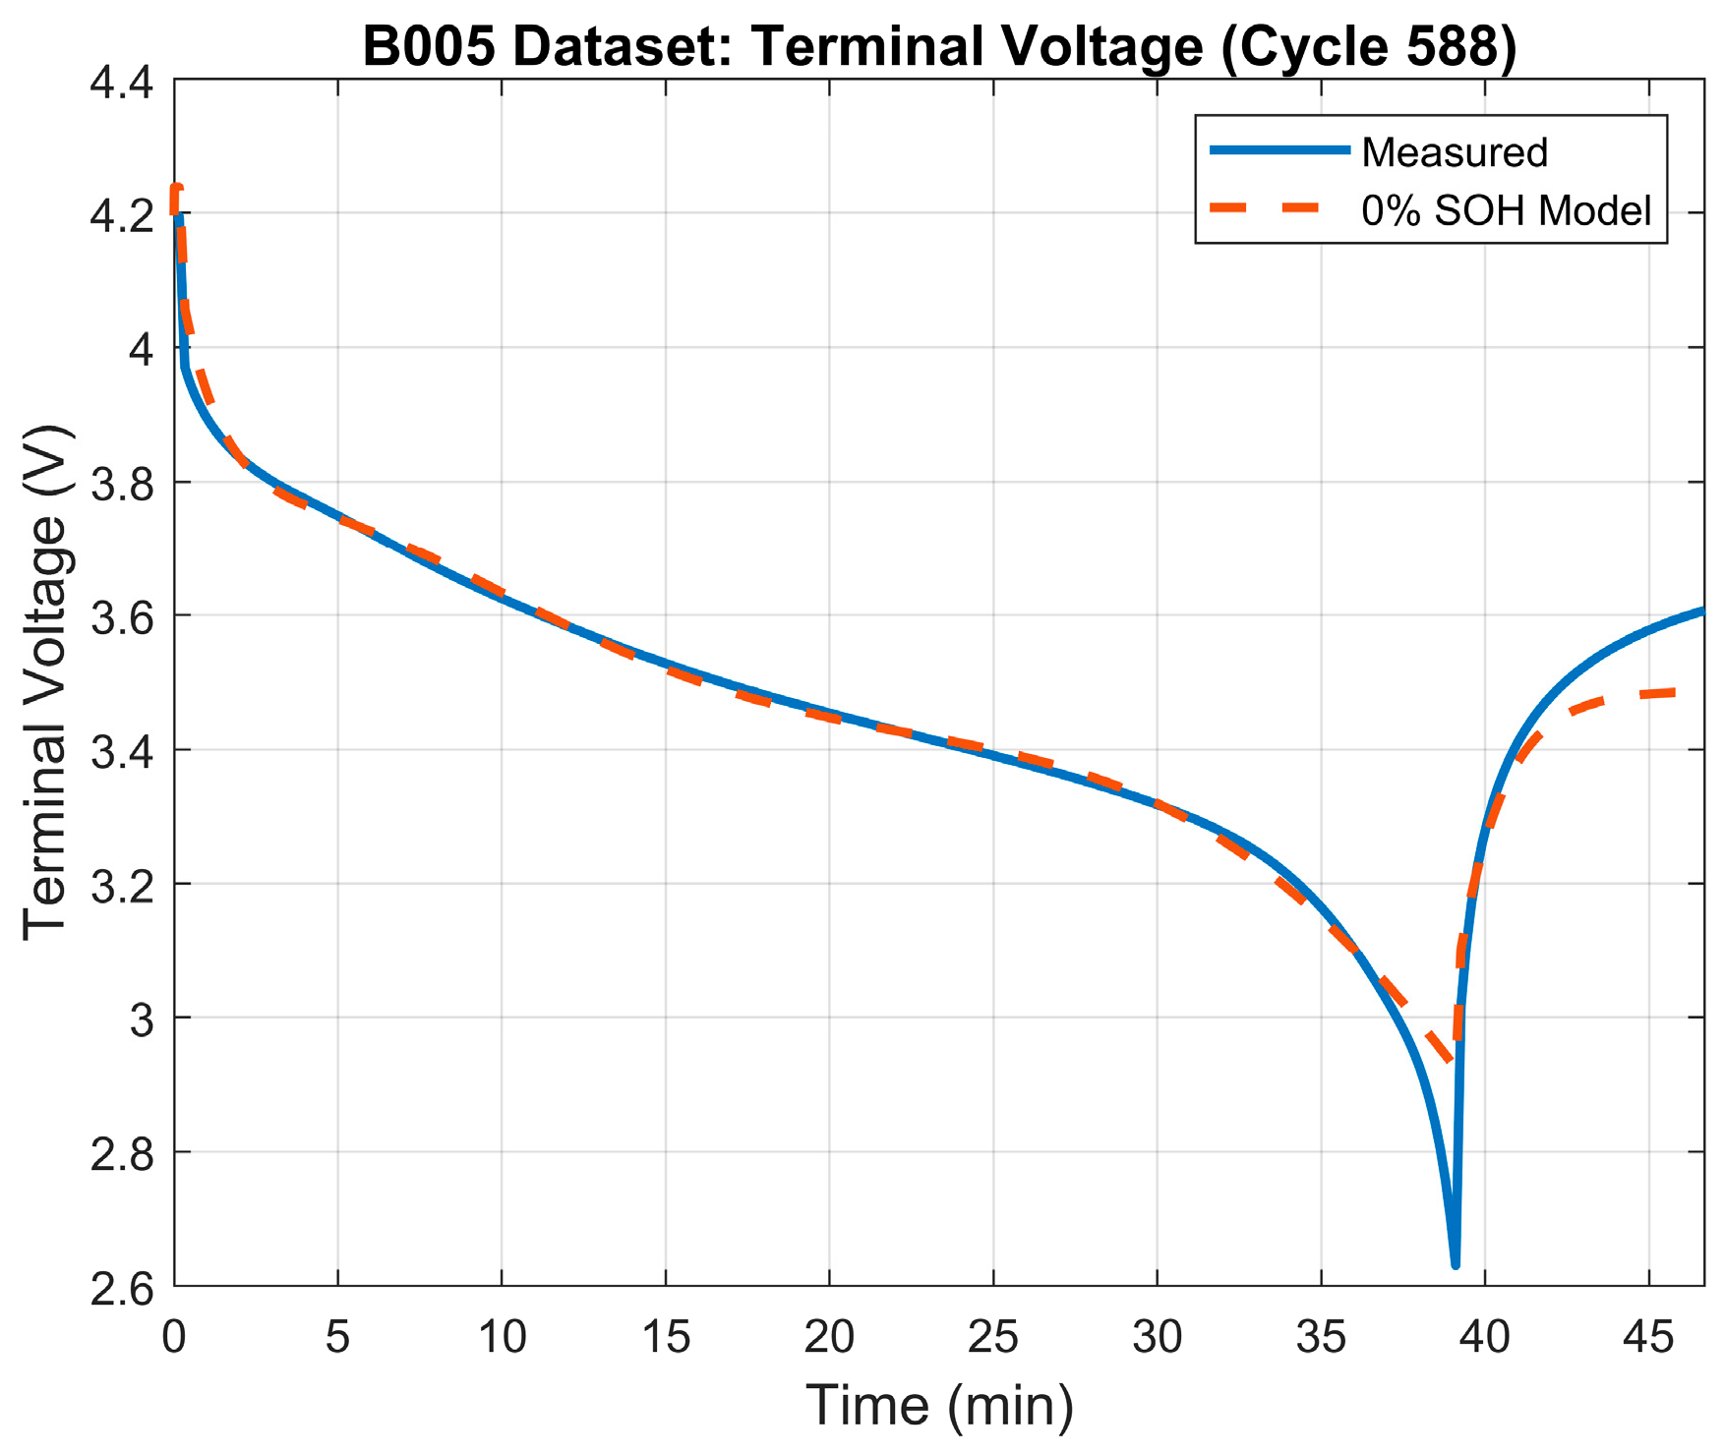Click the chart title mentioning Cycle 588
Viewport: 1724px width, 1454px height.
point(939,46)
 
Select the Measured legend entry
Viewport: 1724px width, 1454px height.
point(1454,152)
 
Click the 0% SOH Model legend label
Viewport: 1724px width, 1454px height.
point(1506,210)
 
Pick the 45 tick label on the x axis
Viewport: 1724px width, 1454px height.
point(1647,1339)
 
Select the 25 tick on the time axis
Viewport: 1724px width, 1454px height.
point(992,1339)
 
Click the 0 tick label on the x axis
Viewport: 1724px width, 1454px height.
point(174,1339)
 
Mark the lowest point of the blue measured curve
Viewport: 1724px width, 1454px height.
point(1455,1265)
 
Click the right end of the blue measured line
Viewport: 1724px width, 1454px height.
point(1702,611)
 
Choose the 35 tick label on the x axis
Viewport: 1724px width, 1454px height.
point(1320,1339)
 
